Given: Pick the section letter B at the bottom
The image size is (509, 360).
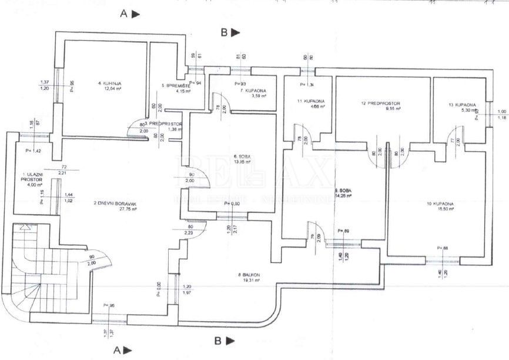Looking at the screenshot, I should click(217, 340).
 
